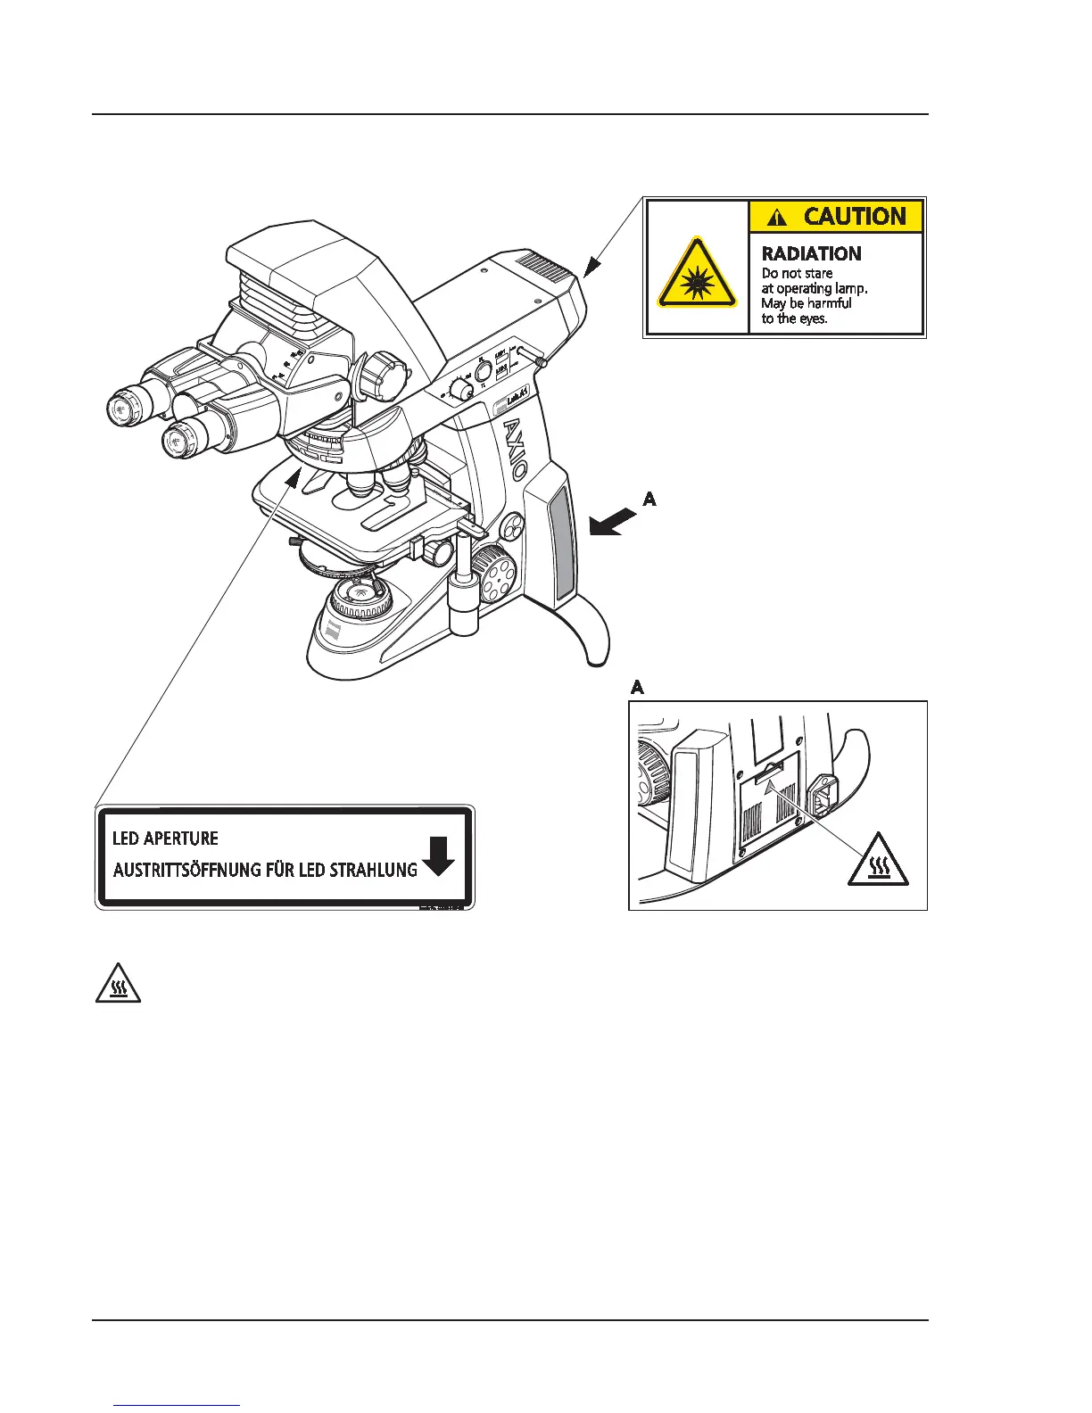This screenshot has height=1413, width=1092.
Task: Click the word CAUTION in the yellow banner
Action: [854, 217]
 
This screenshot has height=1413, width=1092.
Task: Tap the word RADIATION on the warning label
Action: [811, 253]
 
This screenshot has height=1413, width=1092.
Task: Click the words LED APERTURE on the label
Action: [165, 839]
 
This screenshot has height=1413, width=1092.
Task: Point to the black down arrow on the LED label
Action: [437, 856]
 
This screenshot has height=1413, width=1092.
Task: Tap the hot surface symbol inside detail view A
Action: [878, 860]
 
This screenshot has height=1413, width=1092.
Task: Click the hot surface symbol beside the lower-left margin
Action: [118, 983]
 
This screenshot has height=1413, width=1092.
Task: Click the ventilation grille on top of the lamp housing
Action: [541, 262]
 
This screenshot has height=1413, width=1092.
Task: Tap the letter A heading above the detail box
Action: [637, 688]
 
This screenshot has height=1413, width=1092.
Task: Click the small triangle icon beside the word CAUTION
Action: [778, 218]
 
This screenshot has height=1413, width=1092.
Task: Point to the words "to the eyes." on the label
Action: [794, 318]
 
